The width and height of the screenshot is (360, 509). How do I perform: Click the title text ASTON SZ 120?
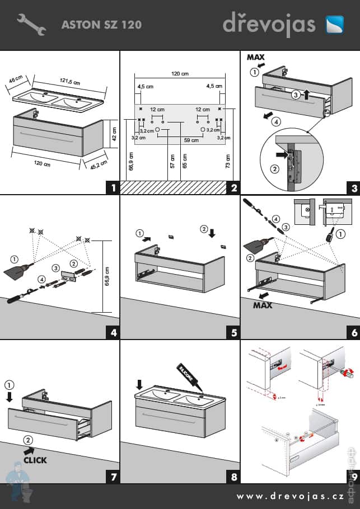[x=101, y=25]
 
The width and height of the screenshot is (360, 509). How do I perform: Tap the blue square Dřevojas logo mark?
[x=337, y=25]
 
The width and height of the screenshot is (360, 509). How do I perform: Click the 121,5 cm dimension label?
[x=71, y=81]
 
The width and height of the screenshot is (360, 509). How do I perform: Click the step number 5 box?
[x=233, y=332]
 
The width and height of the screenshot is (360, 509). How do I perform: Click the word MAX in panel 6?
[x=263, y=305]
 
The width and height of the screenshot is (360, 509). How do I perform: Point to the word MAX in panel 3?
[x=256, y=57]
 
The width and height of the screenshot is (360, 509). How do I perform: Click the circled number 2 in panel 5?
[x=204, y=229]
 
